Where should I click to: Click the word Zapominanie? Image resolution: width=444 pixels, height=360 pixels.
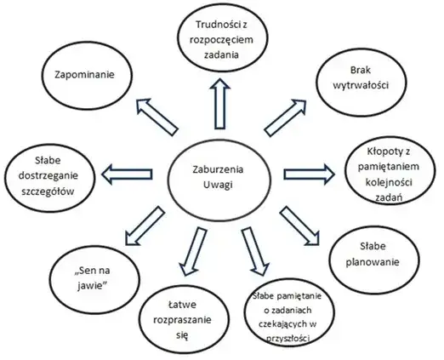(x=84, y=75)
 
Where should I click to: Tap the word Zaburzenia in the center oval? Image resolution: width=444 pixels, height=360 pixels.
(x=218, y=169)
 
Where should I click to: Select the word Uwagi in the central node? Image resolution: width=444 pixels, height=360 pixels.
(x=218, y=185)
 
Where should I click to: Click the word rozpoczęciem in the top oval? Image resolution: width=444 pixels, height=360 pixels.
(x=221, y=40)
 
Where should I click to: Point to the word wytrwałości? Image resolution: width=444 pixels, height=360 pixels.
(x=361, y=85)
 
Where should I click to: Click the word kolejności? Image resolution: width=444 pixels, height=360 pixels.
(x=389, y=182)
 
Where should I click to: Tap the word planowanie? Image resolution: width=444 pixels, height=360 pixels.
(x=373, y=261)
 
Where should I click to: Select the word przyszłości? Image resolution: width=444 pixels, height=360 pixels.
(x=287, y=339)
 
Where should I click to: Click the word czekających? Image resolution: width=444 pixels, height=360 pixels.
(x=283, y=324)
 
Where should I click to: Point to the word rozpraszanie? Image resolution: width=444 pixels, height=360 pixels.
(x=182, y=320)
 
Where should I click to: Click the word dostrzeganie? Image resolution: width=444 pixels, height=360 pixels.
(x=48, y=176)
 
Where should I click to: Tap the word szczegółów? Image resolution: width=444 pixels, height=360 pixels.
(x=48, y=191)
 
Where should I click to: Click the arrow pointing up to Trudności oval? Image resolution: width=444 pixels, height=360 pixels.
(x=219, y=103)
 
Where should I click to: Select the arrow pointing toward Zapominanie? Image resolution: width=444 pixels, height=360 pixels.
(x=157, y=117)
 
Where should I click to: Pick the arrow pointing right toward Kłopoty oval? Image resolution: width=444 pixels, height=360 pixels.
(x=309, y=174)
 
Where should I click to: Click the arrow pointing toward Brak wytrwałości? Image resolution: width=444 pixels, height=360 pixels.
(x=285, y=117)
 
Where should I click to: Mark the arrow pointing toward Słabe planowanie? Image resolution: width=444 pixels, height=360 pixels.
(x=299, y=226)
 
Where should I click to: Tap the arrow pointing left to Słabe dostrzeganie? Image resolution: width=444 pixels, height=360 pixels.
(x=127, y=174)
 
